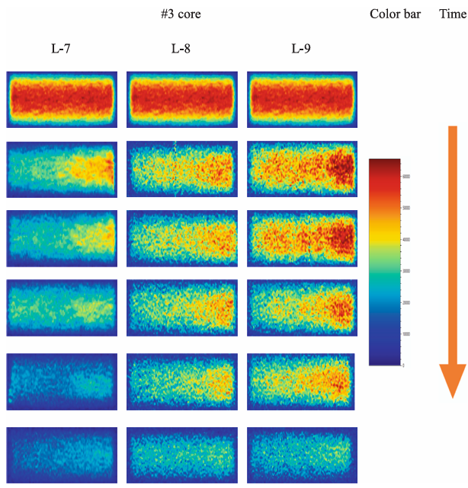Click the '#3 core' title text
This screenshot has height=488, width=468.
(x=181, y=14)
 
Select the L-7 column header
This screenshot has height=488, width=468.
(x=61, y=50)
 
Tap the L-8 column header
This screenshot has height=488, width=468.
(x=181, y=50)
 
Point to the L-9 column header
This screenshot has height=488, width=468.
(x=301, y=50)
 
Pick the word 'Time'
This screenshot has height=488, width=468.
(x=452, y=14)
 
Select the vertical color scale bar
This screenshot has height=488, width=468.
(x=385, y=263)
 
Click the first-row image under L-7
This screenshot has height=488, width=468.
(x=61, y=100)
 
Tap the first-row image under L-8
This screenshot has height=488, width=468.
(x=181, y=100)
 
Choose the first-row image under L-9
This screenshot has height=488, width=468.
(x=302, y=100)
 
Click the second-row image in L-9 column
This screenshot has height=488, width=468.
(x=302, y=168)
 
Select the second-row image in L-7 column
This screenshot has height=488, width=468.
(x=61, y=168)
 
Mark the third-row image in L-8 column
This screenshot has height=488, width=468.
(x=181, y=238)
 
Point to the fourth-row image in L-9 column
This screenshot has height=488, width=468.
(x=302, y=307)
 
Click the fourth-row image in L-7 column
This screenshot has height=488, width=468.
(x=61, y=307)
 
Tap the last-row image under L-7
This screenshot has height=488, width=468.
(x=61, y=454)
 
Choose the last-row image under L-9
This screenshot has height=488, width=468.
(x=302, y=454)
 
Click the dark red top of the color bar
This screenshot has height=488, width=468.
(x=385, y=163)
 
